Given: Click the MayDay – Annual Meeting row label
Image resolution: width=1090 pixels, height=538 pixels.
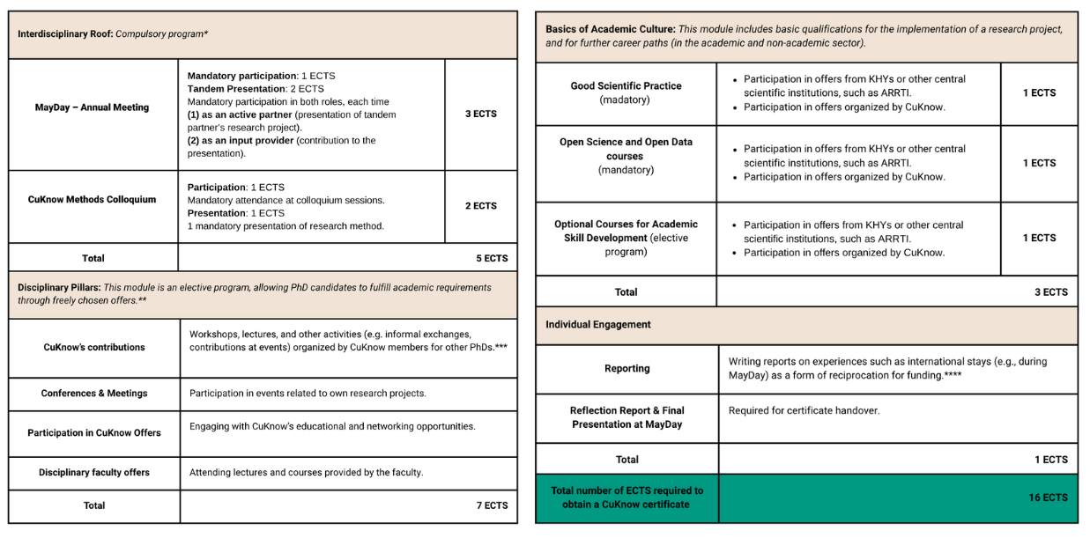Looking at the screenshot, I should (x=93, y=107).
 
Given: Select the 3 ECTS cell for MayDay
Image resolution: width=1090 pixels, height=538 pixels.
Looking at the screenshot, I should (x=480, y=114).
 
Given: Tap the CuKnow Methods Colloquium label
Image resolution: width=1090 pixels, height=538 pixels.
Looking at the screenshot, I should (x=92, y=200).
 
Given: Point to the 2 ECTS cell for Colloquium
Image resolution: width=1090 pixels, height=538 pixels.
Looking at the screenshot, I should (x=480, y=206).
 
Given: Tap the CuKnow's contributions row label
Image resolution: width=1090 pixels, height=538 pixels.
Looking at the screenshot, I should (x=93, y=348).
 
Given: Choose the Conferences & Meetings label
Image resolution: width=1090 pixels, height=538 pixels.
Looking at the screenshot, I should (x=93, y=394).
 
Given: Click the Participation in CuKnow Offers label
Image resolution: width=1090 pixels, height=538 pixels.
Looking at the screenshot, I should (x=93, y=433).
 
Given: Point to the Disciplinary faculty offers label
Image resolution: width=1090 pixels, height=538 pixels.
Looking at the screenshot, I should (x=93, y=473).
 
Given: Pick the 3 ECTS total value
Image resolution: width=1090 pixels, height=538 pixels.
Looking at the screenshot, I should (x=1050, y=292).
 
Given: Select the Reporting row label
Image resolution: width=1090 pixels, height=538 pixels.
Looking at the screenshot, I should (x=627, y=369).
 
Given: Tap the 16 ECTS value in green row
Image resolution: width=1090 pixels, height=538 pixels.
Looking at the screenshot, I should (x=1048, y=498).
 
